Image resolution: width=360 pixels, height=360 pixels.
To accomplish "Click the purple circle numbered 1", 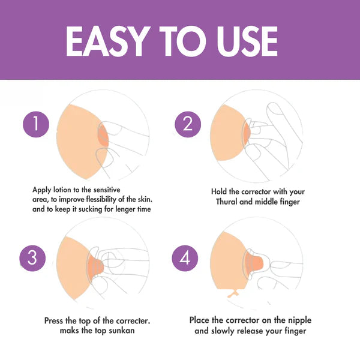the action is click(x=36, y=124).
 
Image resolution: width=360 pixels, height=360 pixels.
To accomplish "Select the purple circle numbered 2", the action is click(x=188, y=124).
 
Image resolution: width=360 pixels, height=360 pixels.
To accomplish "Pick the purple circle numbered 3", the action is click(x=32, y=258).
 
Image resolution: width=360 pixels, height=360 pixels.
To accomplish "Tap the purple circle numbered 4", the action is click(x=185, y=258).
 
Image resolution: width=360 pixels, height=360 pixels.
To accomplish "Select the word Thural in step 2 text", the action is click(x=227, y=202).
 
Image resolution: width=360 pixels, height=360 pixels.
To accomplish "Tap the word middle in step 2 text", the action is click(x=266, y=202).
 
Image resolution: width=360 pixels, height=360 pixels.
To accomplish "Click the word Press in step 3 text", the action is click(x=54, y=320).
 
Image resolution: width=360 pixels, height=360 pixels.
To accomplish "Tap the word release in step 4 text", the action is click(x=250, y=331).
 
